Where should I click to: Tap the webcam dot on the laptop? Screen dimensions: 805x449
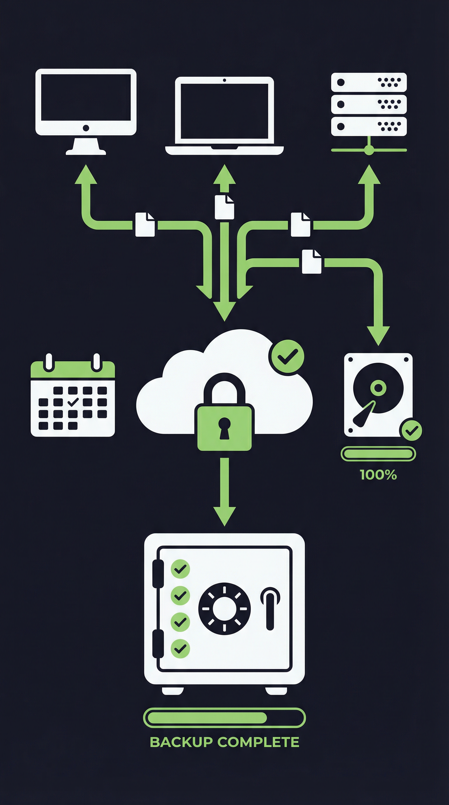224,80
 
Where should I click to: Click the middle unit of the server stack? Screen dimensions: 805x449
369,104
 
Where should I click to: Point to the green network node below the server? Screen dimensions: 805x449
369,150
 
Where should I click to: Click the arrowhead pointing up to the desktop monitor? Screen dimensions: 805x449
86,175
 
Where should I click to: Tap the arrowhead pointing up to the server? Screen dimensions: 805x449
369,175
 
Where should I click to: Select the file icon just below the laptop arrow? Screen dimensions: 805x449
224,207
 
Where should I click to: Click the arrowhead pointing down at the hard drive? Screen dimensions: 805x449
378,335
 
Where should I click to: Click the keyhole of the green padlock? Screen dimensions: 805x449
224,426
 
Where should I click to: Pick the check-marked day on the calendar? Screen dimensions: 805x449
73,402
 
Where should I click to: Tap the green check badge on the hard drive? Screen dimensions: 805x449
411,431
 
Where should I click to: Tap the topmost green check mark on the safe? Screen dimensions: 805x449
180,569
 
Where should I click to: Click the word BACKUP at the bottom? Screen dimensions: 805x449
181,742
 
